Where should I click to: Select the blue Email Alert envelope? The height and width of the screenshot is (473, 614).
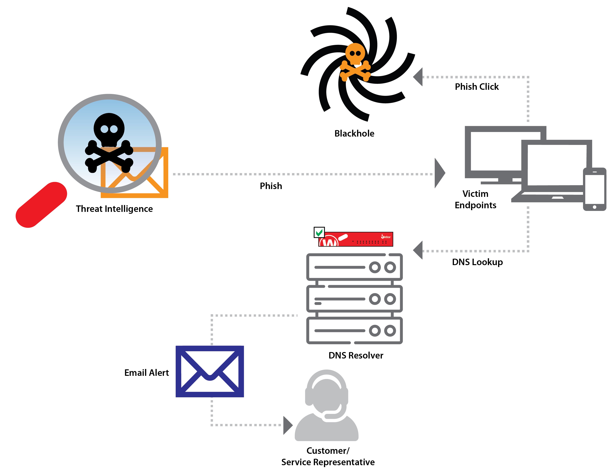point(210,371)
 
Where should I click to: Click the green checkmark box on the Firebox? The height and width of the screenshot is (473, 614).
point(319,232)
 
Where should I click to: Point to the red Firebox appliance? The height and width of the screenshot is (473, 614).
point(356,239)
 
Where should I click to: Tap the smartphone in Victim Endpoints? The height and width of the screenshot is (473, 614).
point(594,189)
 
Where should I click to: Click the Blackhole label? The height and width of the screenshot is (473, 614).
point(354,133)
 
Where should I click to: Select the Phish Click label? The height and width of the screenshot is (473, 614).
point(477,87)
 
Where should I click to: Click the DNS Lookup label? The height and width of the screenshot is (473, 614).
point(477,262)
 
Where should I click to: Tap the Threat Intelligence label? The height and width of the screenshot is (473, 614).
point(114,209)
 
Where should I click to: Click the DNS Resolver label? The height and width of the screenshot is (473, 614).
point(356,355)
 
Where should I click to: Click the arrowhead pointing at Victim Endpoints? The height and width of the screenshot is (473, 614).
point(439,173)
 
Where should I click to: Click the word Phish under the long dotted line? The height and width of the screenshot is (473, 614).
point(271,186)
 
